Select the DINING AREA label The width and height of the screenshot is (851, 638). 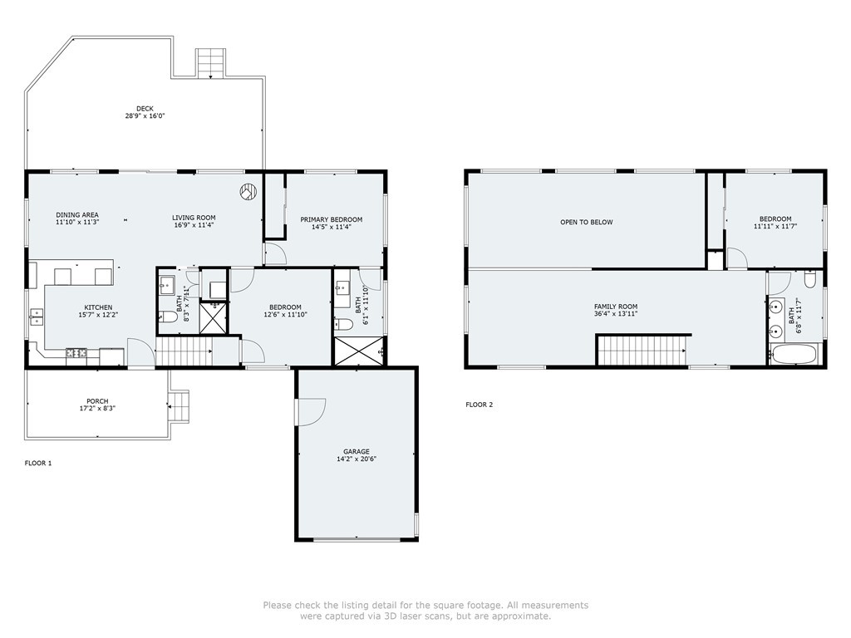coord(77,215)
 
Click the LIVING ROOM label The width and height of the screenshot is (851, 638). coord(194,218)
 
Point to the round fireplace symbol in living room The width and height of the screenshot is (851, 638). coord(248,192)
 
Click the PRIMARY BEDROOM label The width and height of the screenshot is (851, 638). coord(326,219)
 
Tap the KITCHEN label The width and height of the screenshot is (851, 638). coord(98,307)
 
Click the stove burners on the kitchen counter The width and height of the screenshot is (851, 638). coord(76,353)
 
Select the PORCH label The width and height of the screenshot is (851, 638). coord(97,401)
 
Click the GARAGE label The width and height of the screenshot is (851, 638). coord(357,452)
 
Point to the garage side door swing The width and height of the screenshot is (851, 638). coord(310,411)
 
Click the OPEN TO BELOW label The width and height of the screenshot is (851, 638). coord(586,222)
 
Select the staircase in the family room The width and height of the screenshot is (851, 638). coord(643,350)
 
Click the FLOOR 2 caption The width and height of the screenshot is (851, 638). coord(479,405)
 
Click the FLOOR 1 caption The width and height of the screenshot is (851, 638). coord(38,463)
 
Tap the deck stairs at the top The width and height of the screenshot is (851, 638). coord(211,62)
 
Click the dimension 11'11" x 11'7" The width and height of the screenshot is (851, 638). coord(773,226)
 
